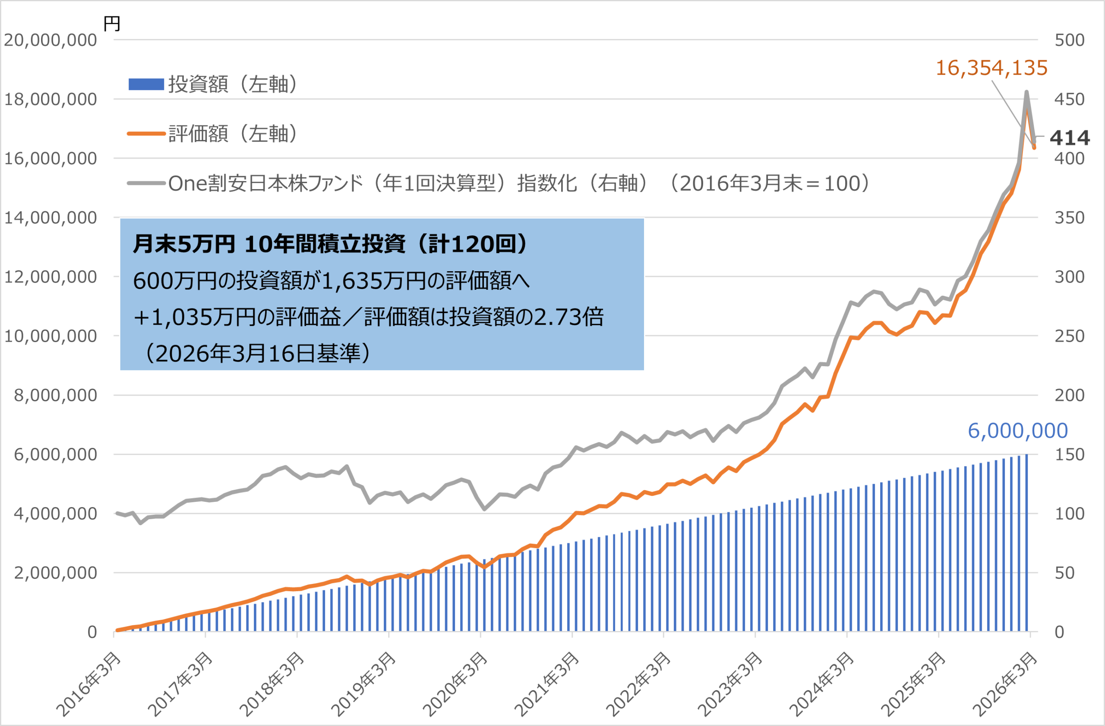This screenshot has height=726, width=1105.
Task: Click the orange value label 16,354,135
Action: [991, 68]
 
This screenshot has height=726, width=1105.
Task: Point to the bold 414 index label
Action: [1070, 138]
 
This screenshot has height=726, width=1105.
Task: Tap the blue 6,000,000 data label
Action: [1018, 431]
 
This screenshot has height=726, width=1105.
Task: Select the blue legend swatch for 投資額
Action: [146, 84]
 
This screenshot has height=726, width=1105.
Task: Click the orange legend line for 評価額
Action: [146, 134]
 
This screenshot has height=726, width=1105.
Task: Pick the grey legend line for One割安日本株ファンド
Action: [146, 184]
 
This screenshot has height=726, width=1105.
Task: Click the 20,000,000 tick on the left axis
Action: [50, 40]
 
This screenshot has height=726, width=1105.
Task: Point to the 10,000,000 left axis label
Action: [50, 336]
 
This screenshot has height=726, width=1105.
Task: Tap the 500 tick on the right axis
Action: [1069, 40]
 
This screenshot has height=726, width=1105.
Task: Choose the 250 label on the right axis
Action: [1069, 336]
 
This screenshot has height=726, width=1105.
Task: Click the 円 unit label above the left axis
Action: [112, 23]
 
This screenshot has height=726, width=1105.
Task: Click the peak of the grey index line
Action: [1026, 92]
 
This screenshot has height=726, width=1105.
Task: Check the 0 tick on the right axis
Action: [1059, 632]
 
